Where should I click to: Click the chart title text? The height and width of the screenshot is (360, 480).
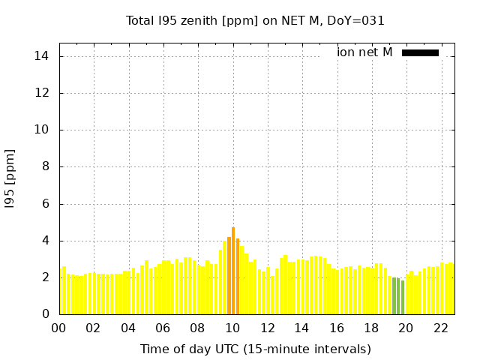click(255, 21)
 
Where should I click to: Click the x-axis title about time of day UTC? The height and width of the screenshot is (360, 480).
click(255, 349)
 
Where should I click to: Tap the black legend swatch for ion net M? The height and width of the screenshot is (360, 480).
click(420, 52)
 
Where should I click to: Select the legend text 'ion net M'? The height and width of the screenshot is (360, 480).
click(364, 52)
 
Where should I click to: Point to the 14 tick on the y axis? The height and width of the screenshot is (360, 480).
click(42, 56)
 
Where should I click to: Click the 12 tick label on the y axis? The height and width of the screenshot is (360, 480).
click(42, 93)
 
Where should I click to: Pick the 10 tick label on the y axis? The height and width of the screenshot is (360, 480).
click(42, 130)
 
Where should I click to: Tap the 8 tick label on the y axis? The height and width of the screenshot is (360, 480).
click(45, 166)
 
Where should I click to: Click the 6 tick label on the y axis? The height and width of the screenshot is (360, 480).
click(45, 203)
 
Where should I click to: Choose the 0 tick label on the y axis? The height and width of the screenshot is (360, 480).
click(45, 314)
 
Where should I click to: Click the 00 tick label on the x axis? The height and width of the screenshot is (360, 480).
click(59, 328)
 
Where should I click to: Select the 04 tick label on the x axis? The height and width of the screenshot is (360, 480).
click(128, 328)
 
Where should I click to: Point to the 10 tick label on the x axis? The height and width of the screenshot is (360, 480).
click(232, 328)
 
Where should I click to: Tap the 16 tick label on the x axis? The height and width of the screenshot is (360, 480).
click(337, 328)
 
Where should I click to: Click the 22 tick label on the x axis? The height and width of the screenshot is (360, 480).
click(441, 328)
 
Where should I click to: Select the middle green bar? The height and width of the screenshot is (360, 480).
click(398, 296)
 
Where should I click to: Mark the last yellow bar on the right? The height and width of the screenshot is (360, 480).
click(451, 289)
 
